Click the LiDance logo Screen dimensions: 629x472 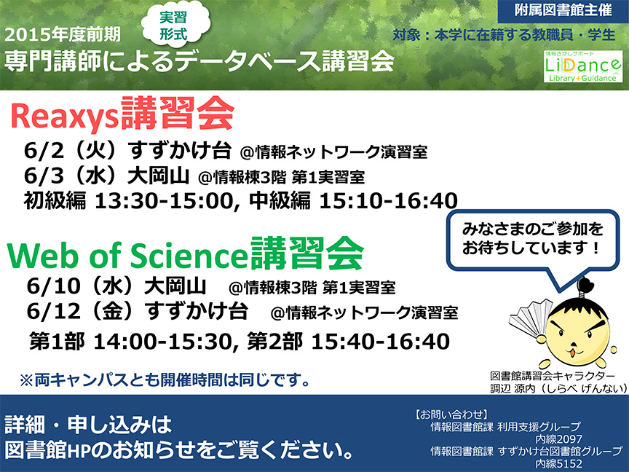pyautogui.click(x=583, y=66)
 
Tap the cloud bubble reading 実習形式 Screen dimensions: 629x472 pyautogui.click(x=175, y=25)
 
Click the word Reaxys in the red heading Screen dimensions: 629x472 pyautogui.click(x=64, y=117)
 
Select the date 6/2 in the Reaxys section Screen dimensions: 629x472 pyautogui.click(x=44, y=152)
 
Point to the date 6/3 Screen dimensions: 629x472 pyautogui.click(x=44, y=176)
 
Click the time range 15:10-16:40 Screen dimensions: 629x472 pyautogui.click(x=388, y=201)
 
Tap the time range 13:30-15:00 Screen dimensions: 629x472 pyautogui.click(x=164, y=201)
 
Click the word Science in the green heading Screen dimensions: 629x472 pyautogui.click(x=188, y=256)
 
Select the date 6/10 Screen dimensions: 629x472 pyautogui.click(x=54, y=286)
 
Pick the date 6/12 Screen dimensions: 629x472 pyautogui.click(x=54, y=312)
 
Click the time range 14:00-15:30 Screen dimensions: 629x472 pyautogui.click(x=163, y=342)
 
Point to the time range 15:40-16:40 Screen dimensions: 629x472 pyautogui.click(x=380, y=342)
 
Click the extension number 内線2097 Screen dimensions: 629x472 pyautogui.click(x=558, y=439)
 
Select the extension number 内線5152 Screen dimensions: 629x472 pyautogui.click(x=558, y=464)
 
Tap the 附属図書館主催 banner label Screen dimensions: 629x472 pyautogui.click(x=563, y=10)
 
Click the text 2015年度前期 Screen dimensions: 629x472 pyautogui.click(x=63, y=34)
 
